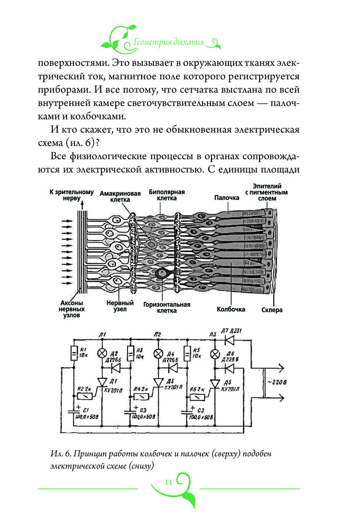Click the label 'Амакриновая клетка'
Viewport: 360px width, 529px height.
tap(121, 197)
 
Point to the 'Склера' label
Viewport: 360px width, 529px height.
tap(272, 310)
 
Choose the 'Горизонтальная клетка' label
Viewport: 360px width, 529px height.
tap(167, 308)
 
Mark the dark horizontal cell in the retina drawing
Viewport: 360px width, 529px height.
tap(162, 273)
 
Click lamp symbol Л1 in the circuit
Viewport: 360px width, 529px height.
tap(103, 353)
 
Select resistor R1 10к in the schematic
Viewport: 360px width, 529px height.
tap(73, 353)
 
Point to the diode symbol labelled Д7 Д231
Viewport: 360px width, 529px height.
tap(229, 338)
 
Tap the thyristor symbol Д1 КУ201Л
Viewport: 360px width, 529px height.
tap(103, 382)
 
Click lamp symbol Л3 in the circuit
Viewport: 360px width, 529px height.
tap(215, 353)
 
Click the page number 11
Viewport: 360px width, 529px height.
tap(169, 482)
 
